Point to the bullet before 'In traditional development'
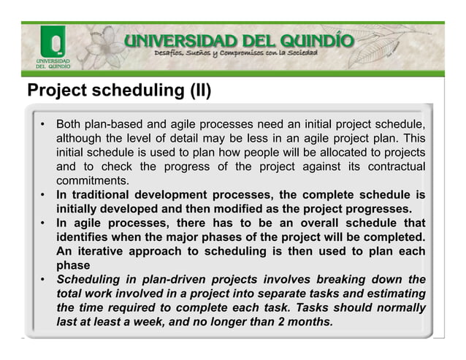click(44, 195)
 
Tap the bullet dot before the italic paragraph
click(44, 280)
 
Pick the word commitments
click(93, 180)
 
